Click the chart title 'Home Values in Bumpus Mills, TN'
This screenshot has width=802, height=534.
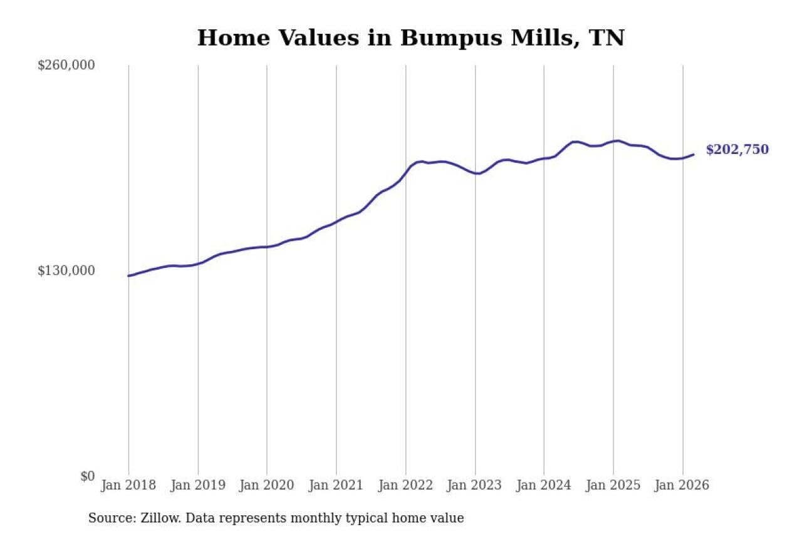410,38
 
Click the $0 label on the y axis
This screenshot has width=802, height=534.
87,476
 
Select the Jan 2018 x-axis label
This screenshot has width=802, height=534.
128,485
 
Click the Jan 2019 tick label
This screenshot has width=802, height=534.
198,485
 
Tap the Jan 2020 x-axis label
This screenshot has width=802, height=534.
267,485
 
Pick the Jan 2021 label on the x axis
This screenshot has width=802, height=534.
336,485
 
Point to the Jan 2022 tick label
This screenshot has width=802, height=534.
406,485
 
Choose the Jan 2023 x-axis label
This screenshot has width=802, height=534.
475,485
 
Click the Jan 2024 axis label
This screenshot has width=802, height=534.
544,485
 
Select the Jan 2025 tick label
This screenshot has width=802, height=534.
613,485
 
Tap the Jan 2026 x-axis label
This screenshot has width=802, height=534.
682,485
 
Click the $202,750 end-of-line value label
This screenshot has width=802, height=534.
737,150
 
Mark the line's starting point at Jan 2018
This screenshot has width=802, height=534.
129,275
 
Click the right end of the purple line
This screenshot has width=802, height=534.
694,154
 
